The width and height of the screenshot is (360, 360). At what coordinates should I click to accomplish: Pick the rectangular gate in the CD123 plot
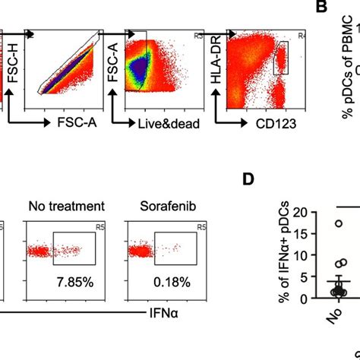pyautogui.click(x=283, y=58)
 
